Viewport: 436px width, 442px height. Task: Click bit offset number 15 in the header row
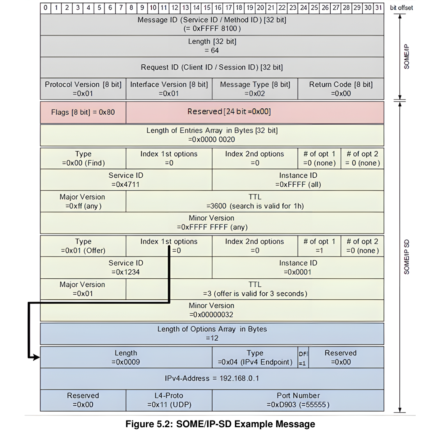[x=207, y=7]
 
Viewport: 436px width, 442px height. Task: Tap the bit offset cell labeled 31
[x=378, y=7]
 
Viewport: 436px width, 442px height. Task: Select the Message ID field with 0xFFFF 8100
[x=212, y=24]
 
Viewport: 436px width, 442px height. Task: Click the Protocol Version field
[x=83, y=89]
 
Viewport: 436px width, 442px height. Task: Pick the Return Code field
[x=340, y=89]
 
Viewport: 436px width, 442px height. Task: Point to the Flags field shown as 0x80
[x=83, y=112]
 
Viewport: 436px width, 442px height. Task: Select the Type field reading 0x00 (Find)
[x=83, y=158]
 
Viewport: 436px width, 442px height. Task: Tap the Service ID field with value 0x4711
[x=126, y=180]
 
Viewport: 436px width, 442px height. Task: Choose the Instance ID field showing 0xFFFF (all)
[x=298, y=180]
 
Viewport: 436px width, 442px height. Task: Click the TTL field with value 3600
[x=255, y=201]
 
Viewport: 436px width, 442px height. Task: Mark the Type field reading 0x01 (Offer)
[x=83, y=246]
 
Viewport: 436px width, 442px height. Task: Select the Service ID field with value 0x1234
[x=126, y=267]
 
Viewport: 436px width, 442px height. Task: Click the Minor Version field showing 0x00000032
[x=212, y=310]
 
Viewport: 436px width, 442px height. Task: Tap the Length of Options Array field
[x=212, y=333]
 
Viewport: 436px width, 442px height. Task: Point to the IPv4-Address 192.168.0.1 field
[x=212, y=378]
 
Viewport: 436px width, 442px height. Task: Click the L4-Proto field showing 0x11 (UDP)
[x=169, y=400]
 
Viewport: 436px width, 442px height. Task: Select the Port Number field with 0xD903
[x=298, y=400]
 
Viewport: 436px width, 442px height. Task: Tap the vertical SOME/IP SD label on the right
[x=407, y=257]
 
